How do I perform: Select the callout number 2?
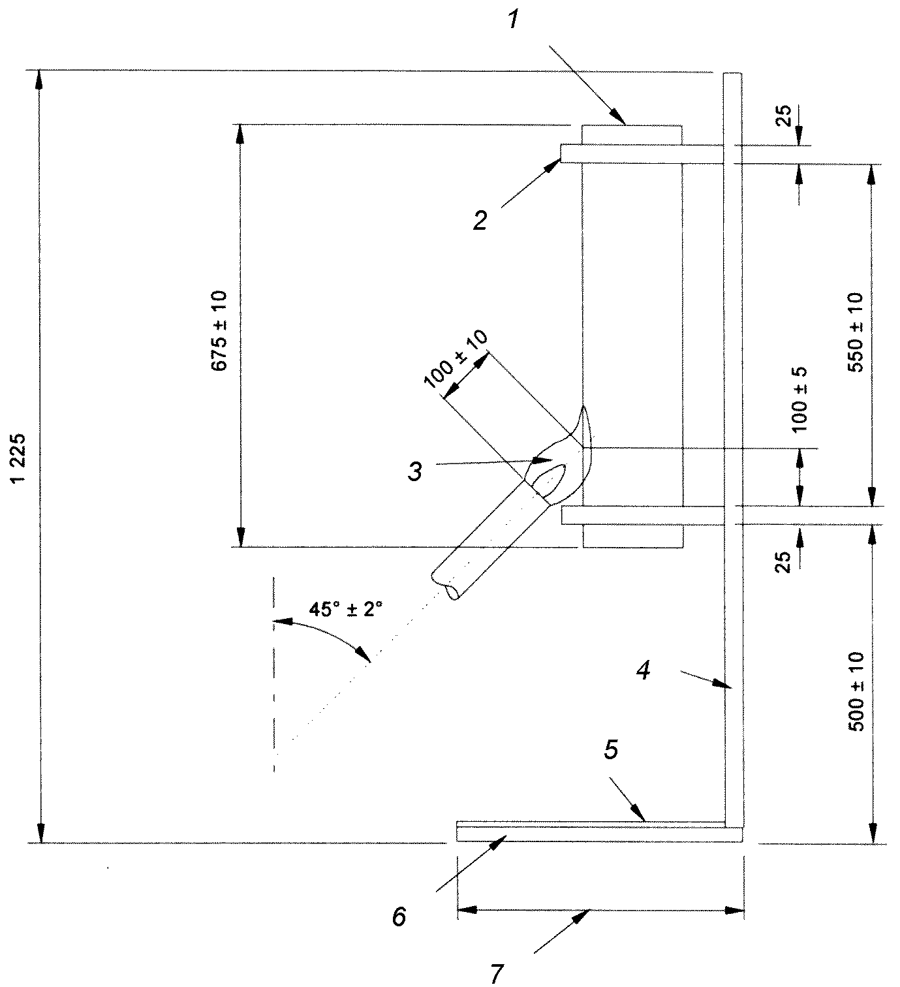[x=480, y=221]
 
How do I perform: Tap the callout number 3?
[x=415, y=471]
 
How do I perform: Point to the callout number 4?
[x=643, y=670]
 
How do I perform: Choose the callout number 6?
[x=399, y=916]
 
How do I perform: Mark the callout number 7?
[x=497, y=974]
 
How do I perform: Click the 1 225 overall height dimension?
[x=18, y=458]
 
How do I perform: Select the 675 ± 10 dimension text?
[x=219, y=331]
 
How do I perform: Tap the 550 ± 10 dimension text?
[x=856, y=332]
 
